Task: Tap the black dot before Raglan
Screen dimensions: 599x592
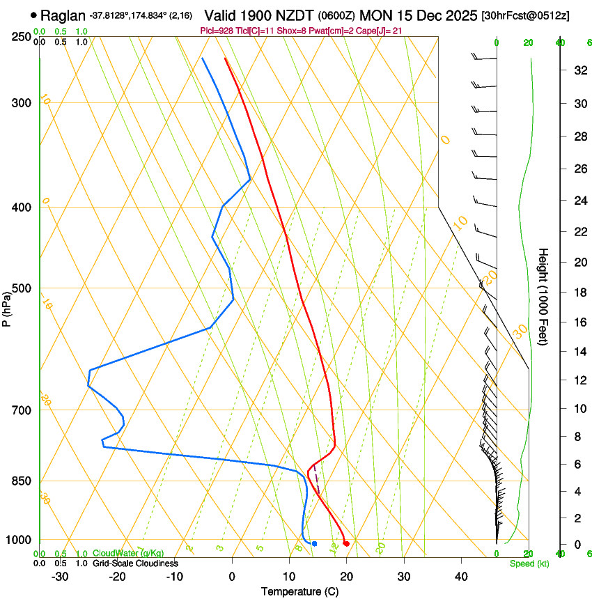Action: point(33,15)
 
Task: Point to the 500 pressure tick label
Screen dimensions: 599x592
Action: point(21,288)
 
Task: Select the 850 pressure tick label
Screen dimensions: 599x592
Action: point(21,481)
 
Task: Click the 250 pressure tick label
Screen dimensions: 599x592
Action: point(21,37)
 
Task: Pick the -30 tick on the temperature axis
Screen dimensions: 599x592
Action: point(59,577)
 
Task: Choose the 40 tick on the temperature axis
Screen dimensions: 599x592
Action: point(460,577)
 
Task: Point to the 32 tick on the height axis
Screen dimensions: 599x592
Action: point(578,70)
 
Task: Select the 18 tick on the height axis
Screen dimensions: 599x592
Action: point(578,293)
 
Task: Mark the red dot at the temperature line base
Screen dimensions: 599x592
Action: point(346,543)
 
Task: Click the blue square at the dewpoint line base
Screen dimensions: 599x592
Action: point(315,543)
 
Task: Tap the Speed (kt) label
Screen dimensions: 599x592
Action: point(529,563)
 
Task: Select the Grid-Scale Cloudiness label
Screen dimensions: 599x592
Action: point(135,563)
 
